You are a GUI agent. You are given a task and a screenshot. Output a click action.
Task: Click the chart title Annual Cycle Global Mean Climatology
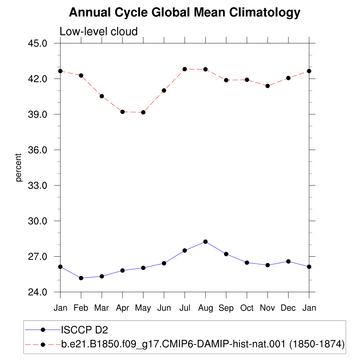185,12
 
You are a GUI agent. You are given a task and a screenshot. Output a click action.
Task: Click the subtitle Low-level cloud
99,31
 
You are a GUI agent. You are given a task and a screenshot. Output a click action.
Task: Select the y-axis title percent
18,167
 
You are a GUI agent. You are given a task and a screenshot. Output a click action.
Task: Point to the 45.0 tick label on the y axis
37,43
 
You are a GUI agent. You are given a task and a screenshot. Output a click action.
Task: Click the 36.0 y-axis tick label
37,150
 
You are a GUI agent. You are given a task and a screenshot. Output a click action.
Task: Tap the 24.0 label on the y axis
37,292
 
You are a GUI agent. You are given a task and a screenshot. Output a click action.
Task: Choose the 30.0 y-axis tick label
37,221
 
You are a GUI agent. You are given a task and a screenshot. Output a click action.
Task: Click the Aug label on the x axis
206,308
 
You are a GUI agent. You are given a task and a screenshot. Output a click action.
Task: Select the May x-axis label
143,308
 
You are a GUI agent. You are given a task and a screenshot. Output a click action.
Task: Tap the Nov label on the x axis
267,308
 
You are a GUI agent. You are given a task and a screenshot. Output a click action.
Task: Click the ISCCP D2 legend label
85,330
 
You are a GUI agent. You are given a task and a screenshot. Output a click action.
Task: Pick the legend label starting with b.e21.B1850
203,344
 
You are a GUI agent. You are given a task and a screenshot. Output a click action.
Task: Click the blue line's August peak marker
206,242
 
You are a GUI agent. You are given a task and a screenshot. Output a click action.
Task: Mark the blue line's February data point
81,278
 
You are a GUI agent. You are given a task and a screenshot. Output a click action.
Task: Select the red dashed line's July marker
185,69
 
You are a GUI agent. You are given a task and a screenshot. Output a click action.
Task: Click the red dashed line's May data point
143,112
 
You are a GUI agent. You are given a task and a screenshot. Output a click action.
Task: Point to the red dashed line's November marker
268,86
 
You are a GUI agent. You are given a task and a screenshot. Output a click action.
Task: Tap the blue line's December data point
288,261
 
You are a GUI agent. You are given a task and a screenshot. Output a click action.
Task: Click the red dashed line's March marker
102,96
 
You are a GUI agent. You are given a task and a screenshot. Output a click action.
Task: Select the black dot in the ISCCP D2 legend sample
43,330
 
